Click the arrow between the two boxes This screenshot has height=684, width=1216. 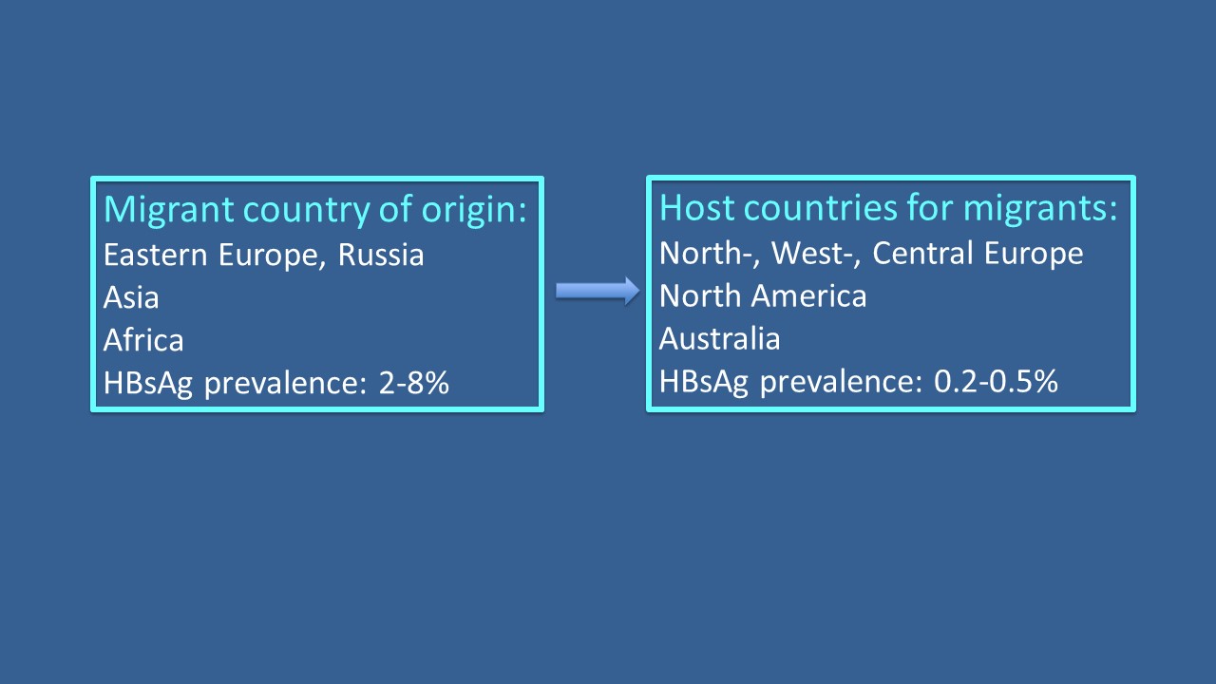(x=598, y=291)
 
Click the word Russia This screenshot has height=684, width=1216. (x=381, y=255)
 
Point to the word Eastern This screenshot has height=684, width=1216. (x=155, y=255)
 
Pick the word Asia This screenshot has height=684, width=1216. (x=131, y=297)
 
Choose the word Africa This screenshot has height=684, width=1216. (x=143, y=340)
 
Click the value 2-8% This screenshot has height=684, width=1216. (x=413, y=383)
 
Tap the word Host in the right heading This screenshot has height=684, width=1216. (x=697, y=208)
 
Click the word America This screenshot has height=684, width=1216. (x=810, y=295)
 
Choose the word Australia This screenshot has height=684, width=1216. (x=720, y=339)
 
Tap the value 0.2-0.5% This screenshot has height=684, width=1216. (x=996, y=381)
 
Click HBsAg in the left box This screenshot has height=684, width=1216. (x=148, y=384)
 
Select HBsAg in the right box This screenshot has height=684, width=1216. (x=704, y=382)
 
